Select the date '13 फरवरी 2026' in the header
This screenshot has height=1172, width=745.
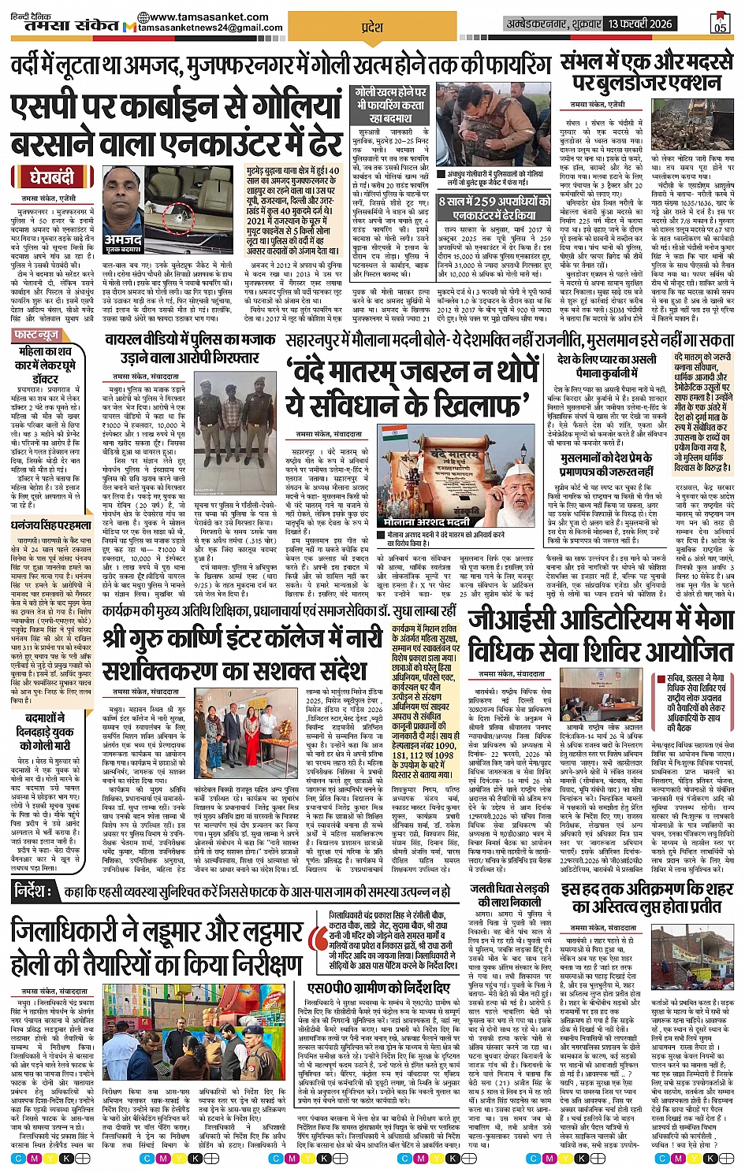point(639,24)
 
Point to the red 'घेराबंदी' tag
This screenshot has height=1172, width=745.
point(52,175)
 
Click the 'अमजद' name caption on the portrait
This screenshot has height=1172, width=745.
point(123,242)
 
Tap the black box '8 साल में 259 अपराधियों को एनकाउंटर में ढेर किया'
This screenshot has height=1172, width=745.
point(494,208)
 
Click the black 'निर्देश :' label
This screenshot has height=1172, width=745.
point(35,892)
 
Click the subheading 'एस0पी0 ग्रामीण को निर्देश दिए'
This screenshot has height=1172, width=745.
point(378,988)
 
